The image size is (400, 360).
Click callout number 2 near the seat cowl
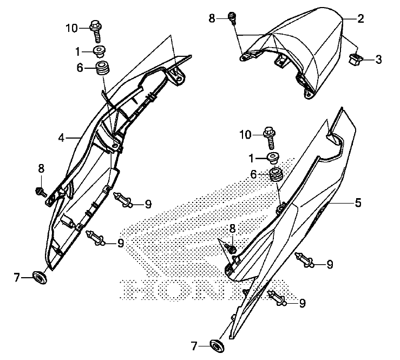[x=360, y=18]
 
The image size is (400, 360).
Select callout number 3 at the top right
[x=378, y=60]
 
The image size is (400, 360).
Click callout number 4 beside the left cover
[x=62, y=138]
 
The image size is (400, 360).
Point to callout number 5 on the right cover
[x=358, y=203]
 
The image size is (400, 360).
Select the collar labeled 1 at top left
[x=100, y=52]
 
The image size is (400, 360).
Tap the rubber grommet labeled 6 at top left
[x=101, y=70]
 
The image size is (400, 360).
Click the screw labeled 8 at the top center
[x=233, y=18]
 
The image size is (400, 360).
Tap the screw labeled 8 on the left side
[x=41, y=190]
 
